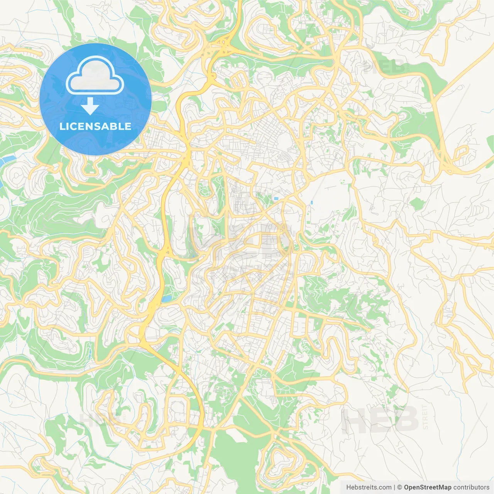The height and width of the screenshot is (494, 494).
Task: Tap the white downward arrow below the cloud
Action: [x=90, y=106]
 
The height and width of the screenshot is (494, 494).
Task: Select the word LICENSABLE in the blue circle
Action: [x=95, y=126]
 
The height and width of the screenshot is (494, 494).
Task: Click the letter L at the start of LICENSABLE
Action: [x=62, y=126]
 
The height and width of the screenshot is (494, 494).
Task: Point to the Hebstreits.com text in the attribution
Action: [x=369, y=487]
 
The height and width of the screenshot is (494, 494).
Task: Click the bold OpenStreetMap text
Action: [x=427, y=487]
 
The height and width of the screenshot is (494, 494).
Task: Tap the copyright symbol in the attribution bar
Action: [x=400, y=487]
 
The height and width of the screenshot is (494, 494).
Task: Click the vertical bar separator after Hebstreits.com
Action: [x=394, y=487]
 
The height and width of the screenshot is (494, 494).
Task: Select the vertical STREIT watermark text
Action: [x=426, y=417]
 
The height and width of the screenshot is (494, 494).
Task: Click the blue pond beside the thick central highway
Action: [x=167, y=299]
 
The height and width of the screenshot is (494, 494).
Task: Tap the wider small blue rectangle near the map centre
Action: [x=276, y=198]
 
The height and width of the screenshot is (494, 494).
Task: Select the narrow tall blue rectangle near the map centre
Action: [x=311, y=202]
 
